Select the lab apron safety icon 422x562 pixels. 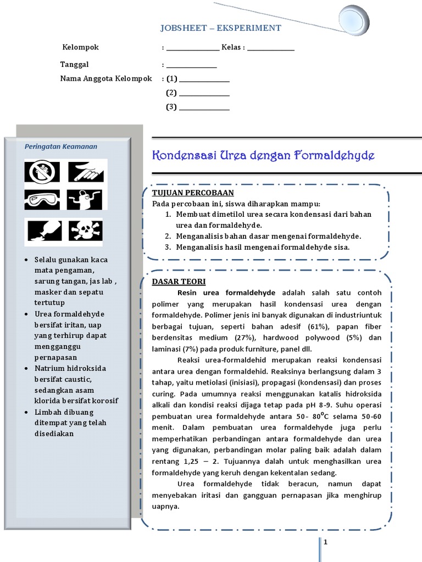tap(85, 200)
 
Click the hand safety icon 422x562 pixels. tap(85, 171)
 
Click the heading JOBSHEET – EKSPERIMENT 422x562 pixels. tap(220, 28)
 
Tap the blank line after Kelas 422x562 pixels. tap(271, 48)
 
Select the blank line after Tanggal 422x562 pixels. tap(191, 65)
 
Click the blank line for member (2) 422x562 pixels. tap(204, 93)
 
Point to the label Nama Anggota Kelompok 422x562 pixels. tap(105, 79)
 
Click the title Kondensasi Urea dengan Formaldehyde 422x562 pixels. tap(263, 155)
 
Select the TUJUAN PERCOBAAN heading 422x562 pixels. tap(193, 193)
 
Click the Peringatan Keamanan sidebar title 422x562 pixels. tap(61, 147)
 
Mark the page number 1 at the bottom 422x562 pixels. tap(325, 542)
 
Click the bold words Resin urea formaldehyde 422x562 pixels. tap(226, 293)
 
